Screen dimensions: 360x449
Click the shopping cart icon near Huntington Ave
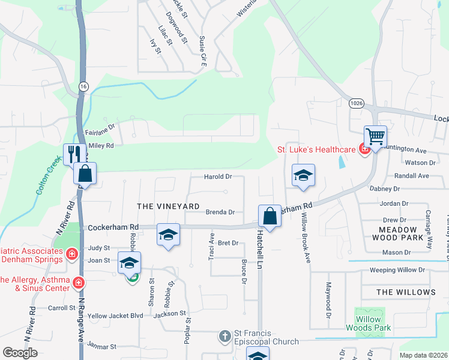(x=375, y=137)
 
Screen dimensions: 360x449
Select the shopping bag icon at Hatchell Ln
(x=270, y=216)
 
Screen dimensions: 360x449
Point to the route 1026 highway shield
(x=355, y=103)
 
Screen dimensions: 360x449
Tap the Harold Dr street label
(x=218, y=177)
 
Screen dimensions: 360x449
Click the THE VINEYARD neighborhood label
(x=168, y=206)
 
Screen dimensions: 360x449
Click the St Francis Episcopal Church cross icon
(x=225, y=336)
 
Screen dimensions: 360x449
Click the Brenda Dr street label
(x=220, y=212)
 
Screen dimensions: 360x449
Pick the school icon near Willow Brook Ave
(x=303, y=176)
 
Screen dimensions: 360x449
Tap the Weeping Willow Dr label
(x=397, y=270)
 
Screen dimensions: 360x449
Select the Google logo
(x=20, y=353)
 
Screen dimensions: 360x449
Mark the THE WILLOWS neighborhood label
(x=406, y=292)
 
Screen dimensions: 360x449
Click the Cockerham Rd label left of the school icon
(x=113, y=227)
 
